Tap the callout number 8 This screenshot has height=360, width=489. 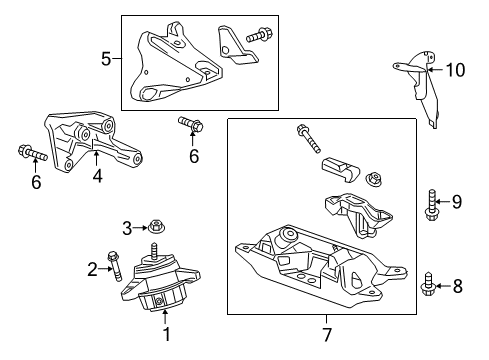coord(459,286)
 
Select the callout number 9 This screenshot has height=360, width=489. coord(456,202)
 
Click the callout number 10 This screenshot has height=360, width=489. coord(458,69)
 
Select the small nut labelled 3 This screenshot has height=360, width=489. coord(155,227)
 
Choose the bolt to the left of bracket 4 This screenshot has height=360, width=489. coord(27,153)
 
